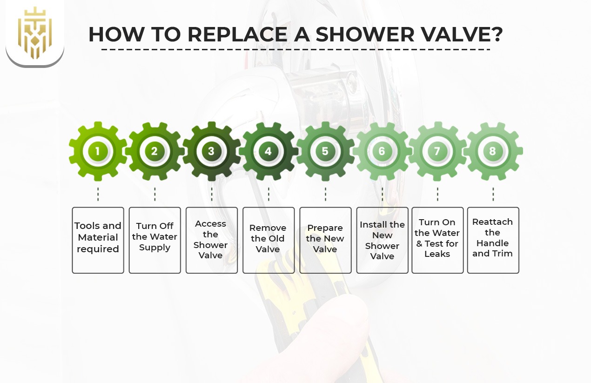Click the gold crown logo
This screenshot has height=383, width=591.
coord(35,33)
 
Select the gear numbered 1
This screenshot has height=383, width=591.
coord(98,151)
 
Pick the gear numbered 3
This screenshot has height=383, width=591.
coord(211,151)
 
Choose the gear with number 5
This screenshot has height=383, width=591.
coord(325,151)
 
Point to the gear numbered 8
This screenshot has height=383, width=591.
coord(493,151)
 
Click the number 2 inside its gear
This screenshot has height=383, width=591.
coord(154,151)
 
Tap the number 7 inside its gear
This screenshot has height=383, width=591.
coord(437,151)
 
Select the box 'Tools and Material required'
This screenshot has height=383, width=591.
coord(98,240)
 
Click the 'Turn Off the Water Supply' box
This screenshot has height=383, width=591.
coord(154,240)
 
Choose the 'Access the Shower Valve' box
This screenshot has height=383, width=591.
coord(211,240)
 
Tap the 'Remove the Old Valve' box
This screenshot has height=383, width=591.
coord(269,240)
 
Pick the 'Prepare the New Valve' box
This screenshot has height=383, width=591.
coord(325,240)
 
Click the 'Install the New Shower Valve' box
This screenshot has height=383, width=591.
coord(382,240)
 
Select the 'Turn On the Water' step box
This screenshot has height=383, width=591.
coord(437,240)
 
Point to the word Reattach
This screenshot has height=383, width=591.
coord(492,222)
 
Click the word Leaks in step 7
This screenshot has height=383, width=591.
coord(437,254)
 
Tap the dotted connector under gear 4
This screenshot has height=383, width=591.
coord(269,194)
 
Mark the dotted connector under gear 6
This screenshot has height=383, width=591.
coord(382,194)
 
